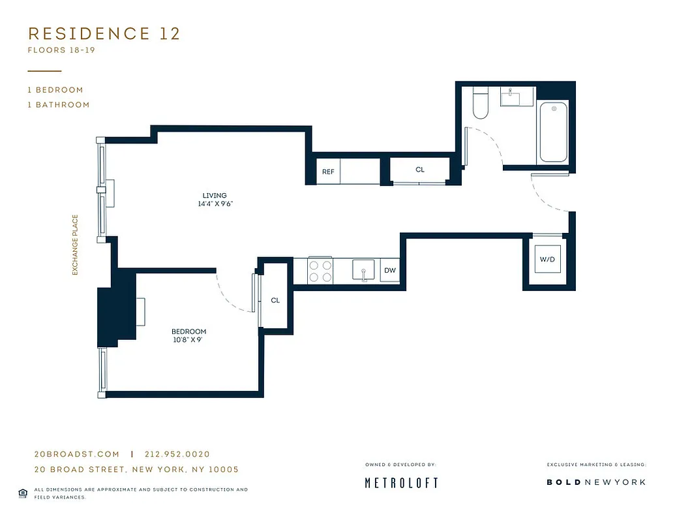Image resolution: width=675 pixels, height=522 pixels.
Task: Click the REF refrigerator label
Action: (328, 172)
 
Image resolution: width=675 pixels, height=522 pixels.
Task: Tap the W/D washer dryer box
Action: (547, 260)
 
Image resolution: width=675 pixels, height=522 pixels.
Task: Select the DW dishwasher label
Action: (389, 271)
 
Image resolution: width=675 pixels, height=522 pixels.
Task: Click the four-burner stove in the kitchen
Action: (320, 271)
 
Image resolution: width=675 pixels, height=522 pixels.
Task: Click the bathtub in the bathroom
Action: (553, 133)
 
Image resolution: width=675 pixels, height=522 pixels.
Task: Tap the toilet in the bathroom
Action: (481, 104)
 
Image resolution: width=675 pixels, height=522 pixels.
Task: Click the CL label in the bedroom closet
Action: (275, 300)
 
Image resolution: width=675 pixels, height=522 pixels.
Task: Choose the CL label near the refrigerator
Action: (420, 170)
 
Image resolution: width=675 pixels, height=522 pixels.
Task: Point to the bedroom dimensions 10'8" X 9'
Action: (189, 340)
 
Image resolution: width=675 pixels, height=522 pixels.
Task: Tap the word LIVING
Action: (215, 195)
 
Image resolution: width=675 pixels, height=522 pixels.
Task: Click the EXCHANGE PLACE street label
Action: (75, 245)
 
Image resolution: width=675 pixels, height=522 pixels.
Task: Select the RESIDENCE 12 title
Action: (104, 34)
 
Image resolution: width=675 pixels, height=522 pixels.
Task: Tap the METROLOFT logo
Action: (400, 483)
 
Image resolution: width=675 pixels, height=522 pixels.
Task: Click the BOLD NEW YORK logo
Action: (595, 482)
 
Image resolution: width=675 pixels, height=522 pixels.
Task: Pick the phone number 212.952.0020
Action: (177, 454)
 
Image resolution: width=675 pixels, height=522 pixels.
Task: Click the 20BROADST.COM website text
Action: (76, 454)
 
